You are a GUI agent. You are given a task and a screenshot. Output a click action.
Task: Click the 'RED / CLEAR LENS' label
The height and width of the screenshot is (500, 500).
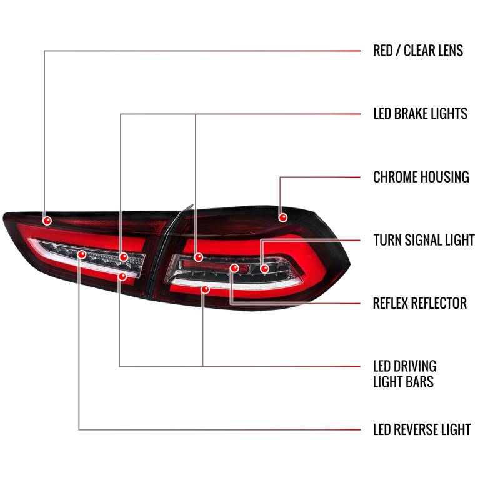(418, 51)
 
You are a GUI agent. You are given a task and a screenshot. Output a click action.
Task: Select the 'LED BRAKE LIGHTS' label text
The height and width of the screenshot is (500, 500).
(420, 114)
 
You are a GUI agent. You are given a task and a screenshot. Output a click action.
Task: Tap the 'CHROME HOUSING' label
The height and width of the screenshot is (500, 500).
(421, 177)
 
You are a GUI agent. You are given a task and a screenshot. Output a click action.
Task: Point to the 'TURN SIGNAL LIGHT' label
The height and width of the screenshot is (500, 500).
(424, 240)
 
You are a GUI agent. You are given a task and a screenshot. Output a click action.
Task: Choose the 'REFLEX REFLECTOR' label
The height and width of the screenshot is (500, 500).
(419, 303)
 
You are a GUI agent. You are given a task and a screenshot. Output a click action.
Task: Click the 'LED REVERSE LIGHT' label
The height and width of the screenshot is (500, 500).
(422, 429)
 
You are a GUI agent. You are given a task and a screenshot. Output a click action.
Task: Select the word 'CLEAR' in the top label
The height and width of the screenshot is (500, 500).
(419, 51)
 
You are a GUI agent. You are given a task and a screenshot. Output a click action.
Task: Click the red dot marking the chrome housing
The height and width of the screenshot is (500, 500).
(282, 217)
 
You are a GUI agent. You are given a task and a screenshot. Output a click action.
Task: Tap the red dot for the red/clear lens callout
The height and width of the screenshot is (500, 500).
(47, 221)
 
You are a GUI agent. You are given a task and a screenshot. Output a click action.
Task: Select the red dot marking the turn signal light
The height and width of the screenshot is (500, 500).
(264, 269)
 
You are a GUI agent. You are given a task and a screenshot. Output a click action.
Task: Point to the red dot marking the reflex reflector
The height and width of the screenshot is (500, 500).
(234, 268)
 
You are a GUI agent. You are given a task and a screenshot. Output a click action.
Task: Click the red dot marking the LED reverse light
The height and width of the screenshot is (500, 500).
(82, 254)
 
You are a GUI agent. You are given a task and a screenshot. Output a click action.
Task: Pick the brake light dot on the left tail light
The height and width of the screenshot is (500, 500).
(123, 257)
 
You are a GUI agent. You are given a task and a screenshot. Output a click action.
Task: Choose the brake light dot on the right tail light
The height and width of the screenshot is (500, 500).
(198, 257)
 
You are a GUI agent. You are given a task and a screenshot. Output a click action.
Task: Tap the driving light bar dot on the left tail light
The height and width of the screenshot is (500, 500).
(122, 276)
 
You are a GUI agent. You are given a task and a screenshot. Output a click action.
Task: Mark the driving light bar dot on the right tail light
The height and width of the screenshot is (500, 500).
(206, 289)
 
